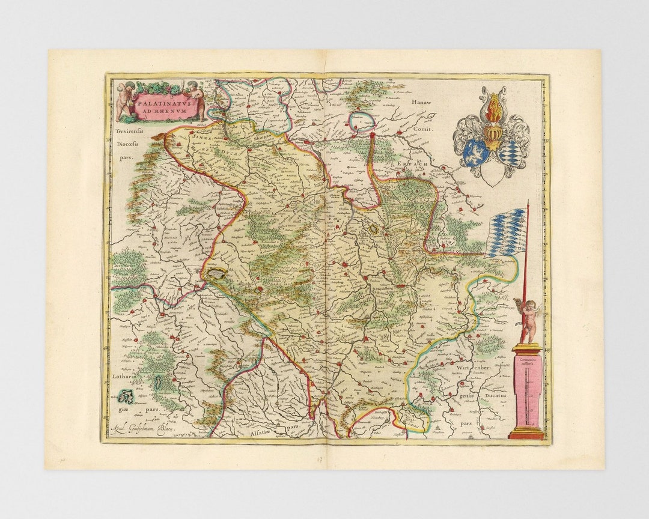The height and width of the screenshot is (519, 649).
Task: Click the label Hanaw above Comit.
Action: (x=421, y=103)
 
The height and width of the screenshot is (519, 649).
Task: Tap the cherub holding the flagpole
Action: (x=528, y=318)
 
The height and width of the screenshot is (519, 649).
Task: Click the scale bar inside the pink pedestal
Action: (x=527, y=393)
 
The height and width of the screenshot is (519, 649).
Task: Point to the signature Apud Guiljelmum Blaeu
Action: (x=147, y=427)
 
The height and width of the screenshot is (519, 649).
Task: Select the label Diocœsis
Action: (x=127, y=144)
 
